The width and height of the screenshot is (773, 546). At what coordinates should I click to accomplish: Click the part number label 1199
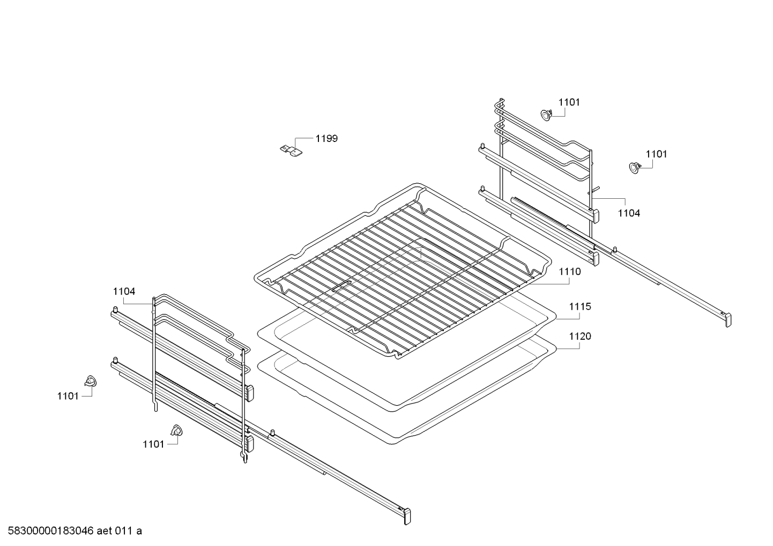point(326,139)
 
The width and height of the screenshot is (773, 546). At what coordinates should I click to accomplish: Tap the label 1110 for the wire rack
point(570,272)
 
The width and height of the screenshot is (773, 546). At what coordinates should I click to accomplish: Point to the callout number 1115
point(580,306)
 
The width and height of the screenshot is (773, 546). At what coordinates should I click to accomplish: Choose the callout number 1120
point(580,336)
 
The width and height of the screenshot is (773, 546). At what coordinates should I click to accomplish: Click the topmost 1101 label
point(569,102)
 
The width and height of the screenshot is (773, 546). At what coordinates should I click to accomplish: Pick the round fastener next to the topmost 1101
point(546,115)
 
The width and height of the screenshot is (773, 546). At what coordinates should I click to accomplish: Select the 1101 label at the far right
point(656,154)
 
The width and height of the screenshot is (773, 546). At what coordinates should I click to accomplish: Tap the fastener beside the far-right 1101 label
point(635,168)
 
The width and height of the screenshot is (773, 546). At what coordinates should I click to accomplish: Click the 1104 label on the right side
point(629,213)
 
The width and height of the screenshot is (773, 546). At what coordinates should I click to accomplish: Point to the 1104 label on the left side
point(124,291)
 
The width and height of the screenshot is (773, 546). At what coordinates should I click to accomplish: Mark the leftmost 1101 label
point(68,397)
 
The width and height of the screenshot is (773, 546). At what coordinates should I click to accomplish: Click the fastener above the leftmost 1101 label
point(91,381)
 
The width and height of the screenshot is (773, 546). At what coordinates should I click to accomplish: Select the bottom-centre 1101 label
point(153,445)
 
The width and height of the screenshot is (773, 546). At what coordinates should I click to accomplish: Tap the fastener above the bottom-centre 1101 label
point(177,430)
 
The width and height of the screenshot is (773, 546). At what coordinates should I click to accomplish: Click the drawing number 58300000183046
point(50,531)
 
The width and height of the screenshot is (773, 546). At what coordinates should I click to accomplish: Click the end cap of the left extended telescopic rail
point(407,517)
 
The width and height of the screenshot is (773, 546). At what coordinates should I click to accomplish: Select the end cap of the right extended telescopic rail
point(727,320)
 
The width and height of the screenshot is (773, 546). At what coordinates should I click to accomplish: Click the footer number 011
point(124,531)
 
